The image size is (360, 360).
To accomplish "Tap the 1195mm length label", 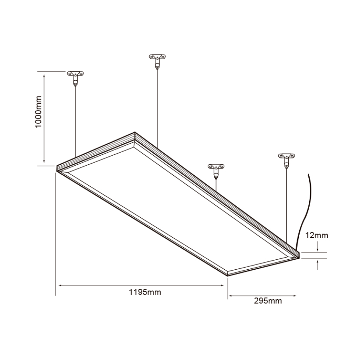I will tap(145, 292).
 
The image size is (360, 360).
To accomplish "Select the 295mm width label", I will tap(268, 301).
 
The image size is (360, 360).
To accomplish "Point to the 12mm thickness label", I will tap(317, 235).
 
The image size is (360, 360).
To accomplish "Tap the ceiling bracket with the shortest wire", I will tap(216, 167).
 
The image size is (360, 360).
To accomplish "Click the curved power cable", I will tap(308, 210).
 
